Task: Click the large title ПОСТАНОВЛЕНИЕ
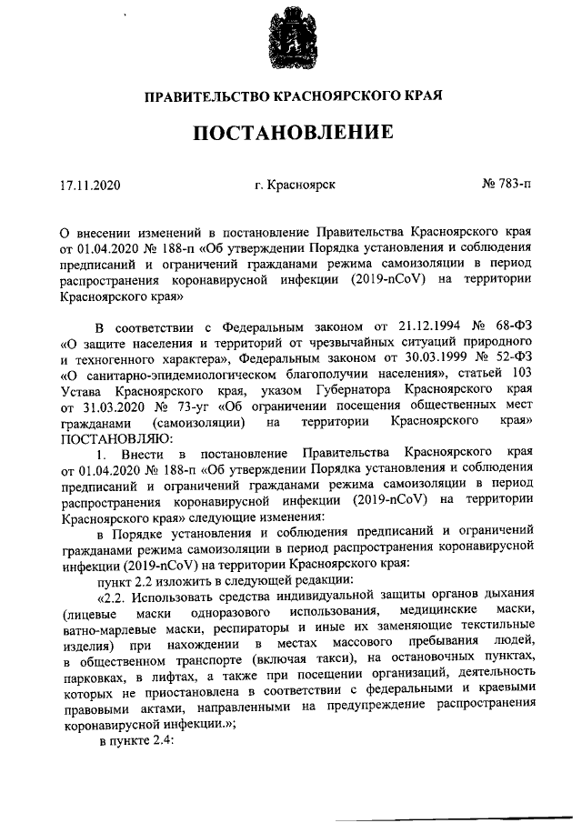click(291, 133)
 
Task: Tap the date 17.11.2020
click(87, 185)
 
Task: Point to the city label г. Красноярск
click(296, 185)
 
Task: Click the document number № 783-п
click(507, 185)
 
